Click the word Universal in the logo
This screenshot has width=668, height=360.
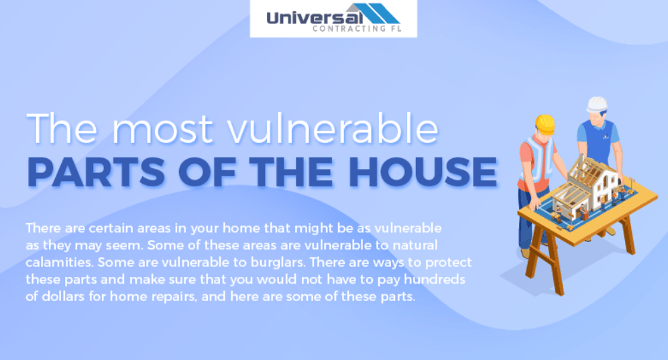(x=315, y=17)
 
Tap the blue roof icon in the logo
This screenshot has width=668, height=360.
(x=376, y=13)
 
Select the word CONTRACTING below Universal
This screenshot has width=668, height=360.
(x=345, y=29)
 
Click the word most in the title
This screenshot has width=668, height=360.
(x=162, y=128)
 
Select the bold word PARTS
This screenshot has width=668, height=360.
(x=96, y=172)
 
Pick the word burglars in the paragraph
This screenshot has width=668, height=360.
(x=278, y=262)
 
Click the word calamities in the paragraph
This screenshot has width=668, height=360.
(x=60, y=262)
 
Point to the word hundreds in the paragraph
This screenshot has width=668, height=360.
(x=435, y=279)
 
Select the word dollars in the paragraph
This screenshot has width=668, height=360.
(x=63, y=296)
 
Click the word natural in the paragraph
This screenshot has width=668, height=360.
(x=415, y=245)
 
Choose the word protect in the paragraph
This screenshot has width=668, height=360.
(x=448, y=263)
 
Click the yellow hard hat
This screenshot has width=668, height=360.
(x=545, y=123)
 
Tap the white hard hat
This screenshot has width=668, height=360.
(x=597, y=105)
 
